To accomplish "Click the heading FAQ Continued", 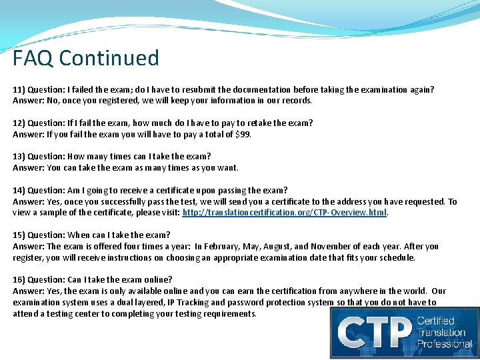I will pos(86,59).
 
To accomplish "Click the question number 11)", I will pos(19,89).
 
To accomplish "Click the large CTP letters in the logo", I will pos(374,333).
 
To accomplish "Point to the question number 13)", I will pos(19,157).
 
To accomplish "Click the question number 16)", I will pos(19,280).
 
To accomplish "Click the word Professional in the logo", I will pos(445,345).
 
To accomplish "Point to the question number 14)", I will pos(19,191).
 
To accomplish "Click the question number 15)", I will pos(19,235).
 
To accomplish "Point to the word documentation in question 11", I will pos(274,89).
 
